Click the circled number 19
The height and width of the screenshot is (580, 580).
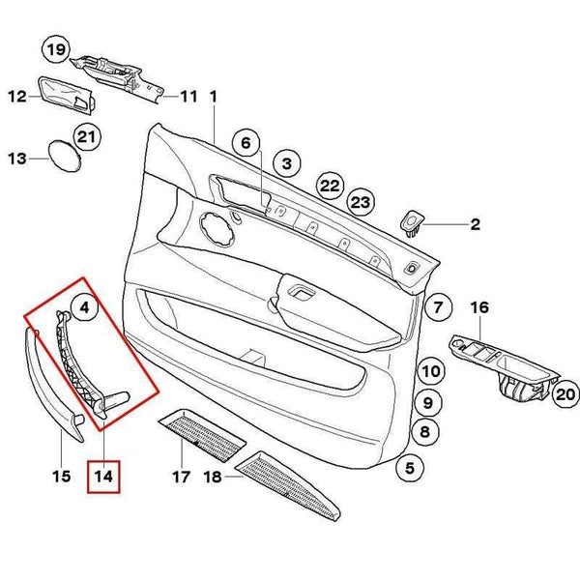tap(55, 48)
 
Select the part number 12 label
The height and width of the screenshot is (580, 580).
tap(16, 96)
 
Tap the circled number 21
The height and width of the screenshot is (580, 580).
tap(88, 138)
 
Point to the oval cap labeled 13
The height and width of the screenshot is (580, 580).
tap(65, 155)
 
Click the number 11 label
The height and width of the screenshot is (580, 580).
tap(187, 97)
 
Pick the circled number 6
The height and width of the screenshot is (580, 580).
tap(246, 144)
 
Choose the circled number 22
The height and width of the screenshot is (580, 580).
tap(331, 185)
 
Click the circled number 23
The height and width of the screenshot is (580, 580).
tap(361, 202)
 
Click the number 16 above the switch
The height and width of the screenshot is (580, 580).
tap(480, 307)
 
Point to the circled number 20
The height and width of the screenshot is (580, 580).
tap(565, 393)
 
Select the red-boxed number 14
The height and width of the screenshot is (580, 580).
tap(102, 476)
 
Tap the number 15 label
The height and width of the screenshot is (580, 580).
tap(61, 476)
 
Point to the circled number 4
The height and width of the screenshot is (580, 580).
tap(85, 309)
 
